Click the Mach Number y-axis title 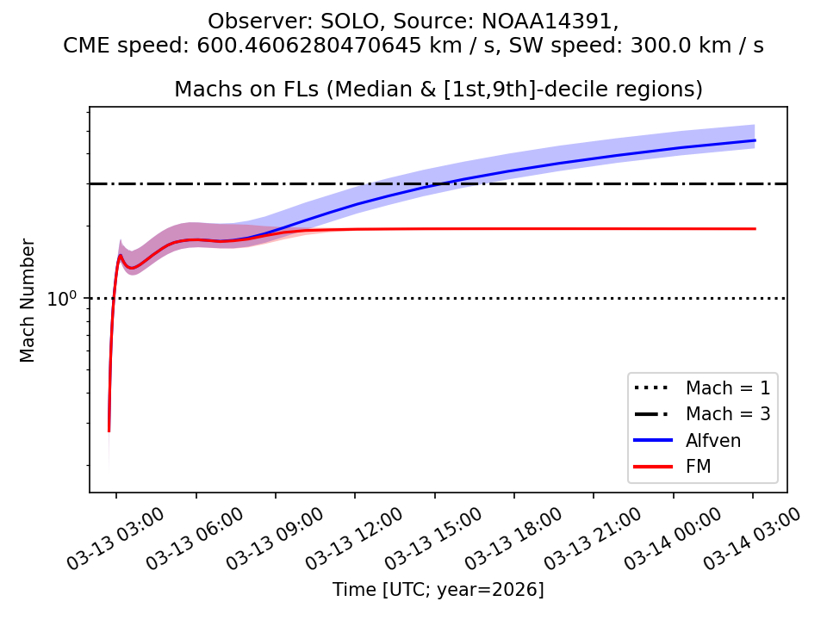pyautogui.click(x=28, y=300)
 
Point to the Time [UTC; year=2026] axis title pyautogui.click(x=438, y=590)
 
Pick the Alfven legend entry pyautogui.click(x=713, y=440)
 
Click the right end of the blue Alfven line pyautogui.click(x=755, y=140)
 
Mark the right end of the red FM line pyautogui.click(x=755, y=229)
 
